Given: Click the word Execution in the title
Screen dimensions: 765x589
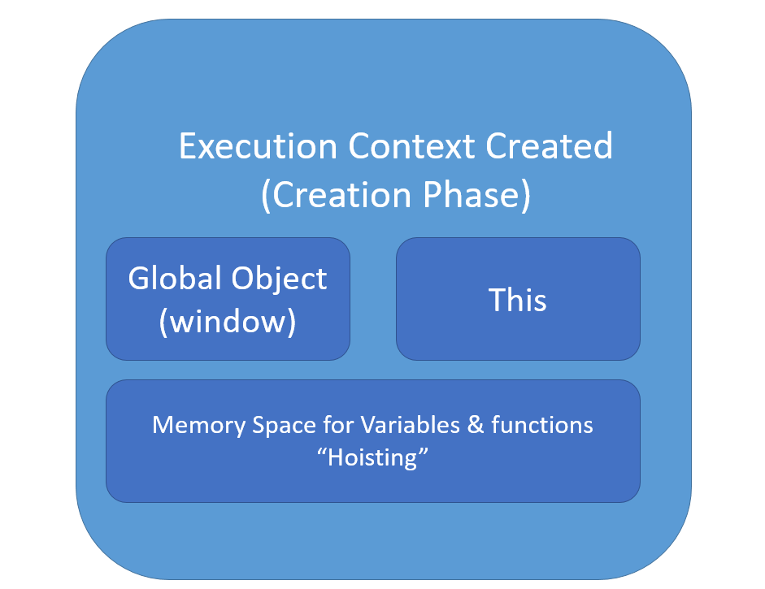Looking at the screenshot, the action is point(258,145).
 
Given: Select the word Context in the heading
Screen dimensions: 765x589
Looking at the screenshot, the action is point(411,145).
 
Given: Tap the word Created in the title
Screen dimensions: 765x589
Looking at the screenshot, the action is point(549,145).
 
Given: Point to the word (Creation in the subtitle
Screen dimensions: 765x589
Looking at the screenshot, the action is point(337,195).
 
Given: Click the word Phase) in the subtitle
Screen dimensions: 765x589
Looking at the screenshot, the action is point(476,195).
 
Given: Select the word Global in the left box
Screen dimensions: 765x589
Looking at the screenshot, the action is point(175,278).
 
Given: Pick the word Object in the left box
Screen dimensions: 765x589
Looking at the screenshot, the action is point(279,279).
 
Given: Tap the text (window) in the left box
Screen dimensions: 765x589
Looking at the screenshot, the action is point(228,322).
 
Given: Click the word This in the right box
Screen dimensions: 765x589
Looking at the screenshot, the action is point(517,300).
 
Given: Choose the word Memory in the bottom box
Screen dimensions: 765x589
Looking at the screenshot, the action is point(199,425).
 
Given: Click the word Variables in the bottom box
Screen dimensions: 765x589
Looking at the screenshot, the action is point(410,425).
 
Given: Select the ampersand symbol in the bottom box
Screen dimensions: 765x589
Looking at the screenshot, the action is point(476,425).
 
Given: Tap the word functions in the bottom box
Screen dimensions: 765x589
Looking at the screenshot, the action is point(542,425).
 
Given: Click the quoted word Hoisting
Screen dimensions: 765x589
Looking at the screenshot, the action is point(372,458).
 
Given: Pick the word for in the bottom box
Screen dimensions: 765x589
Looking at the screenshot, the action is point(338,425).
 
